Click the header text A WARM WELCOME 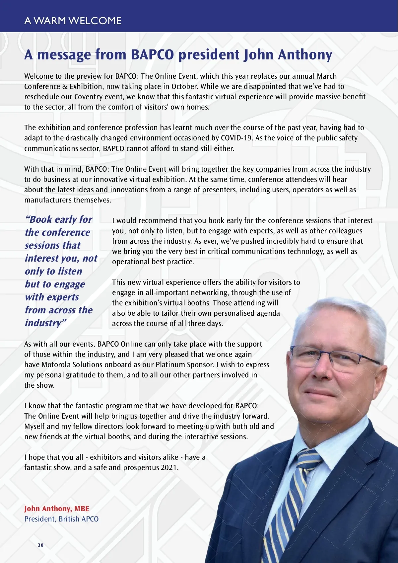coord(73,21)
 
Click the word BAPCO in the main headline coord(152,55)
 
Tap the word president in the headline coord(209,55)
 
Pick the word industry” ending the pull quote coord(45,323)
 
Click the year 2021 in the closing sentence coord(169,467)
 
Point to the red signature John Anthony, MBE coord(57,509)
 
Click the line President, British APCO coord(61,519)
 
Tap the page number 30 coord(40,545)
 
